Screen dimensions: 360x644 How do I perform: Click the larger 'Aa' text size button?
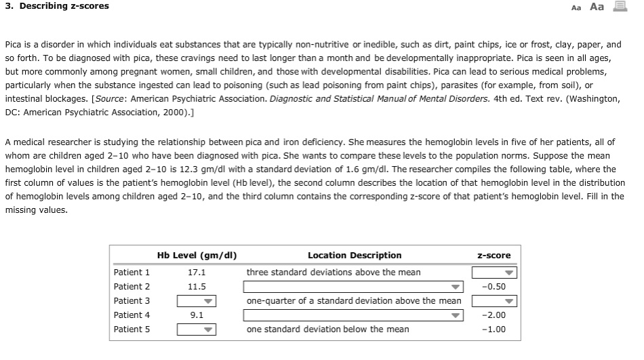597,7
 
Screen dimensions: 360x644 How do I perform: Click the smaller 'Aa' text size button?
577,7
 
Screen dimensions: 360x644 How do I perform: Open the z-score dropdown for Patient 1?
494,273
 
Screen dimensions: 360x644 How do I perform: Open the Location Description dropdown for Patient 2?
353,287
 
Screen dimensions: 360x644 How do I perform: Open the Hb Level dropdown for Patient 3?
196,301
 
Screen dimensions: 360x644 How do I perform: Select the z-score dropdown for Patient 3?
494,301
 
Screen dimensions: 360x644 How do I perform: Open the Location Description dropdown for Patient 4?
353,315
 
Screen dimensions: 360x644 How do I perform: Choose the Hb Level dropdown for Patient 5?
196,329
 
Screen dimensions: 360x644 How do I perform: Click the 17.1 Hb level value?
197,273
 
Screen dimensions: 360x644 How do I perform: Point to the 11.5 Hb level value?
197,287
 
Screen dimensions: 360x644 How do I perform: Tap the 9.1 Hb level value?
197,315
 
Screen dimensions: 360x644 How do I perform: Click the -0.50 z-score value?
494,287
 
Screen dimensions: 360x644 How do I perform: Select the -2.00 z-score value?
494,315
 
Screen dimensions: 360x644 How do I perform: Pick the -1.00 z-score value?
494,329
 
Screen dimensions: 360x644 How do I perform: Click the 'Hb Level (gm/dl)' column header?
197,256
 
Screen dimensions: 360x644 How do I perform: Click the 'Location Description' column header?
355,256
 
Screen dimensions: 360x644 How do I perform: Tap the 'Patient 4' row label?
132,315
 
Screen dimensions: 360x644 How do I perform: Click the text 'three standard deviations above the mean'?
334,273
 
